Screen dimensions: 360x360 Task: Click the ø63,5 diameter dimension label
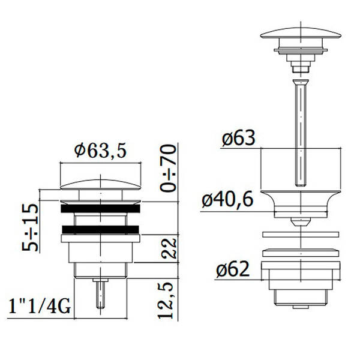pyautogui.click(x=100, y=151)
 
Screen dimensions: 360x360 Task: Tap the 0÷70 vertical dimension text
pyautogui.click(x=168, y=168)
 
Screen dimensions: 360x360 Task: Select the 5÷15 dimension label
pyautogui.click(x=30, y=227)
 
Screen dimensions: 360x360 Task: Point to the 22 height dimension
pyautogui.click(x=169, y=248)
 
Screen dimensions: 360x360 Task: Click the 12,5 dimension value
pyautogui.click(x=166, y=301)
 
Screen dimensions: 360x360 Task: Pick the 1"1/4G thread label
pyautogui.click(x=40, y=306)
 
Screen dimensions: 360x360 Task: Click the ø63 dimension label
pyautogui.click(x=239, y=138)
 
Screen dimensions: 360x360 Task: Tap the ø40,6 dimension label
pyautogui.click(x=227, y=199)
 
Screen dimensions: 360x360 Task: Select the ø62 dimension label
pyautogui.click(x=233, y=269)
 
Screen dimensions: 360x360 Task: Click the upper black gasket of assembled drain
pyautogui.click(x=100, y=208)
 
